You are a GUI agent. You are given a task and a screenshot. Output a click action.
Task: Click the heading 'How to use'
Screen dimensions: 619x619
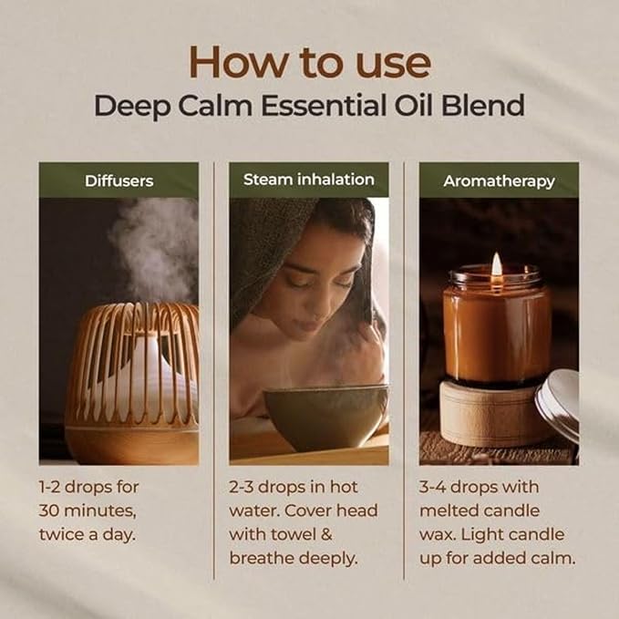tap(309, 61)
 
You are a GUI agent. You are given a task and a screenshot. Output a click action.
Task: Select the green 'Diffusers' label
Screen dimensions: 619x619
tap(119, 181)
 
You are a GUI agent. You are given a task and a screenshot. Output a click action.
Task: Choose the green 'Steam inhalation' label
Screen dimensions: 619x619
tap(308, 180)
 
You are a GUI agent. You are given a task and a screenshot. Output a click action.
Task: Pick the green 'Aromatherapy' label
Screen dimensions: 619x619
tap(499, 181)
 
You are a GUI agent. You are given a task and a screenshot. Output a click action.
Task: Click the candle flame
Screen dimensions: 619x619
tap(497, 265)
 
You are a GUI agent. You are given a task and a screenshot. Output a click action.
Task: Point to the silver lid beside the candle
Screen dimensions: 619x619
tap(559, 406)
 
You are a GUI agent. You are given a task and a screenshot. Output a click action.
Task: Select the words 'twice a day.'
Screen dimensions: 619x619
tap(87, 533)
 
